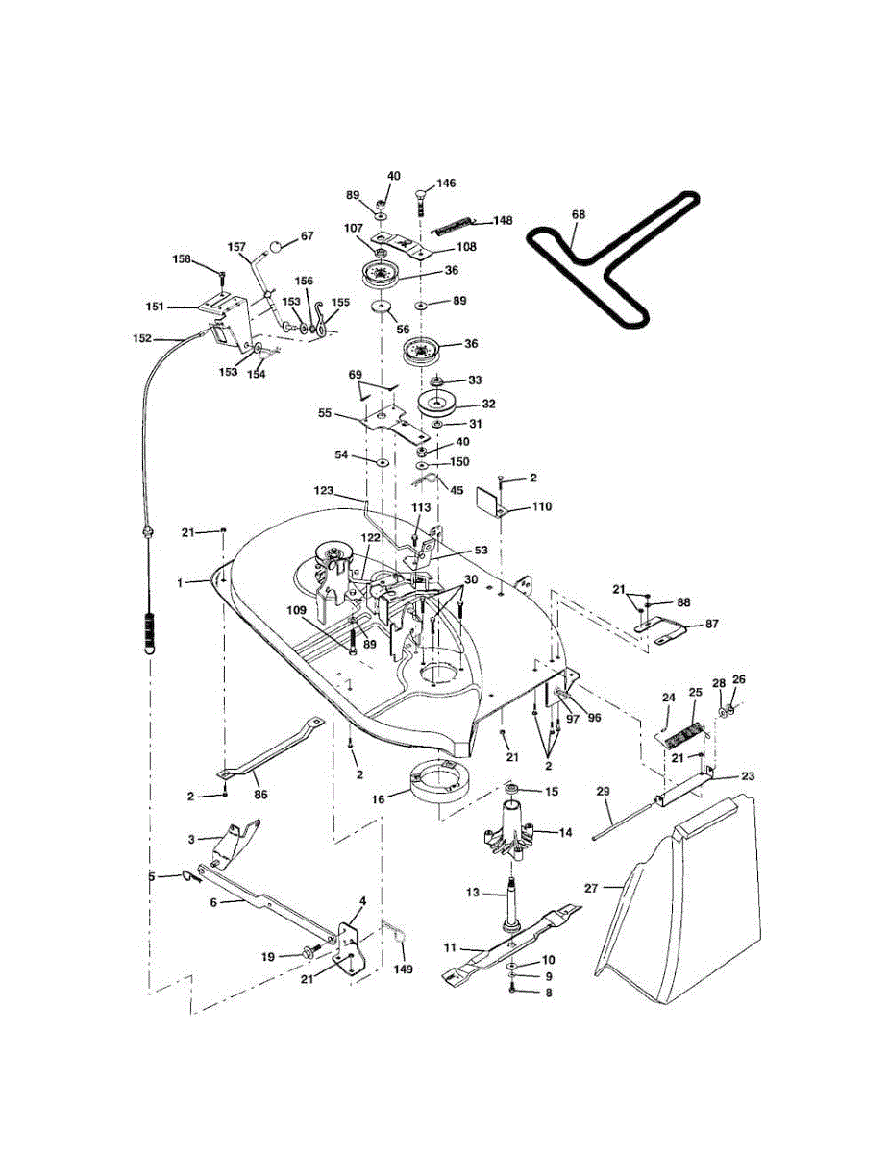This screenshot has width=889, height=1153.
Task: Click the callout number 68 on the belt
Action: (578, 216)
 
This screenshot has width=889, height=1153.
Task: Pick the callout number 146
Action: (447, 183)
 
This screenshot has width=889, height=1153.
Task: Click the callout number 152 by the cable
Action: (142, 338)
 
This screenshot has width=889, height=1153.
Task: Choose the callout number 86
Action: (260, 795)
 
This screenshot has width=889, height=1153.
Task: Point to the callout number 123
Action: (324, 491)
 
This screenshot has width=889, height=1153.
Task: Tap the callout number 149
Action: (404, 969)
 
